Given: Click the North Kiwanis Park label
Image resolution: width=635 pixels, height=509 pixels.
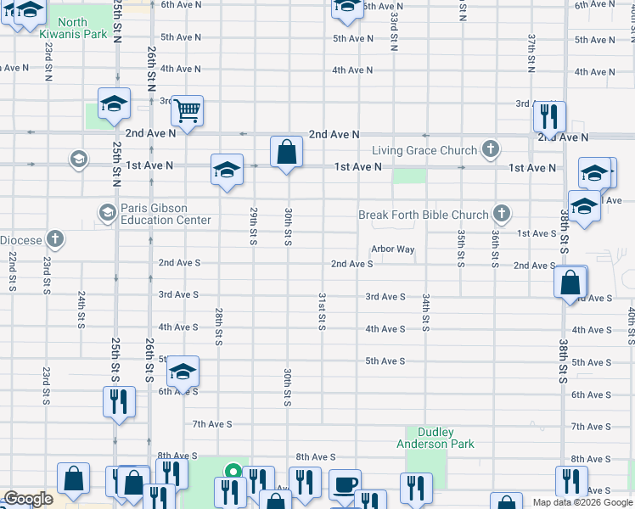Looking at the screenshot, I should tap(73, 28).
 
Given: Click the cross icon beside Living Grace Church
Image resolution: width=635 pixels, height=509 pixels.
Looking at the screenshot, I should tap(490, 150).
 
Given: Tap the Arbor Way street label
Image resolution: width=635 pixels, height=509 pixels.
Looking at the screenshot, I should tap(392, 249).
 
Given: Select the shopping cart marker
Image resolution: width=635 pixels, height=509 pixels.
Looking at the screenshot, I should tap(187, 110).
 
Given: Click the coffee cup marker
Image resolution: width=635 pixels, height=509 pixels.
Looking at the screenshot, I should tap(344, 484).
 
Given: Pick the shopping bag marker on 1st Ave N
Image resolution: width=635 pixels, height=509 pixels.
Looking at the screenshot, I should tap(287, 153).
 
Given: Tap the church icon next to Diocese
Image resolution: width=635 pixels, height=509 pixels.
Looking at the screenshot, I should tap(56, 240).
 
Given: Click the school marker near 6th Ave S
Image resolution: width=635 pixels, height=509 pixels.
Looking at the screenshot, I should tap(183, 372).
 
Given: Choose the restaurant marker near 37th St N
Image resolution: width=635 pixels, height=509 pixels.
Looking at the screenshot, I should tap(549, 116).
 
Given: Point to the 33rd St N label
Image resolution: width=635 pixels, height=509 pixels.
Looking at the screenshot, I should tap(395, 31).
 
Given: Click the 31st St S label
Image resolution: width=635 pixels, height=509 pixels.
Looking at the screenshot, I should tap(322, 312).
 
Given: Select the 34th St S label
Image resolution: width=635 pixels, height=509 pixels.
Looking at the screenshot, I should tap(425, 312).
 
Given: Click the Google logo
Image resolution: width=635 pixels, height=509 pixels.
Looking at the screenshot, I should tap(28, 499).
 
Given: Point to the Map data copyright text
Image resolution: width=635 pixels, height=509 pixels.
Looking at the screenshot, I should tap(582, 502).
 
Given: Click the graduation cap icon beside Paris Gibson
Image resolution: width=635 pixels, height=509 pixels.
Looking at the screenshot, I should tap(108, 211).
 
